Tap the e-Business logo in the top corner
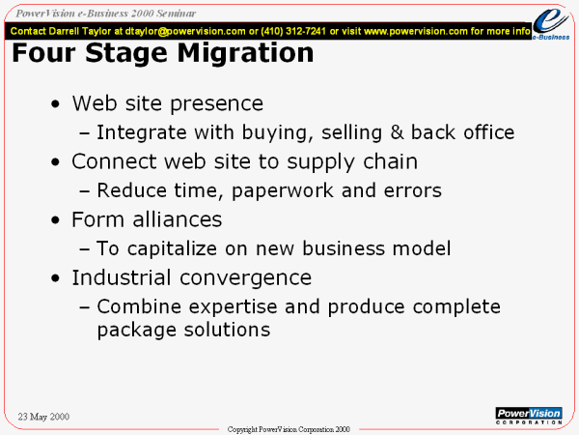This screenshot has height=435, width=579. coord(551,23)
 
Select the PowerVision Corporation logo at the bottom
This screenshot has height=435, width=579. coord(529,416)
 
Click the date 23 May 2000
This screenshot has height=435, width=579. coord(43,417)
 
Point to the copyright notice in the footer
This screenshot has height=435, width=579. coord(289,429)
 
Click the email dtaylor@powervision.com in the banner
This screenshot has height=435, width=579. coord(185,32)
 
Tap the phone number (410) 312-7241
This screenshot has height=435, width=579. coord(293,31)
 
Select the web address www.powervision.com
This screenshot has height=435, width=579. coord(416,31)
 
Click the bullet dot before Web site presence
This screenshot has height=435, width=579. coord(55,104)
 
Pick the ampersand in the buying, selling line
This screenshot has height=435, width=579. coord(397,132)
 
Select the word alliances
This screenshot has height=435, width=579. coord(178,219)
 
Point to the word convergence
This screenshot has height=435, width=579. coord(245,278)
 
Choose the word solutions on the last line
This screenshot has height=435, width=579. coord(227,330)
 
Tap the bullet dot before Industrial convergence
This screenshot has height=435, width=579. coord(55,278)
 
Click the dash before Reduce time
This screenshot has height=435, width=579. coord(85,191)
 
